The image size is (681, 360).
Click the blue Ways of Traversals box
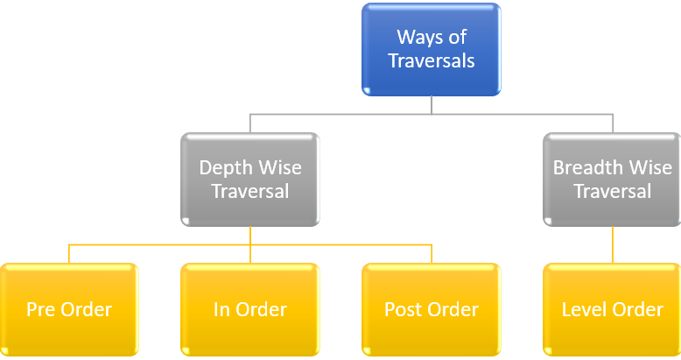431,49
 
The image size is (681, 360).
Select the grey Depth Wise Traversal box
250,178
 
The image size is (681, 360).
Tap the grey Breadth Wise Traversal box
612,178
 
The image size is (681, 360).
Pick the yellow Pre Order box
69,309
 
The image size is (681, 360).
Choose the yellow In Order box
250,309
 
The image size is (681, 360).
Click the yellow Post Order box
431,309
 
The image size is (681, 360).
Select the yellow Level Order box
612,309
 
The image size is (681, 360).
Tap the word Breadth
586,167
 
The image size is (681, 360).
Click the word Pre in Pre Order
40,310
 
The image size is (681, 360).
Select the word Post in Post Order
402,310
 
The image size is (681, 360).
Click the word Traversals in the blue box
432,61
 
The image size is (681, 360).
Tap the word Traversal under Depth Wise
250,190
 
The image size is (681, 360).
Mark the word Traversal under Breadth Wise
612,190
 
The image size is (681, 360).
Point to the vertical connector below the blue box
432,104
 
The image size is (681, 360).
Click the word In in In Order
221,310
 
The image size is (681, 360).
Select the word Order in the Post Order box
456,310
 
